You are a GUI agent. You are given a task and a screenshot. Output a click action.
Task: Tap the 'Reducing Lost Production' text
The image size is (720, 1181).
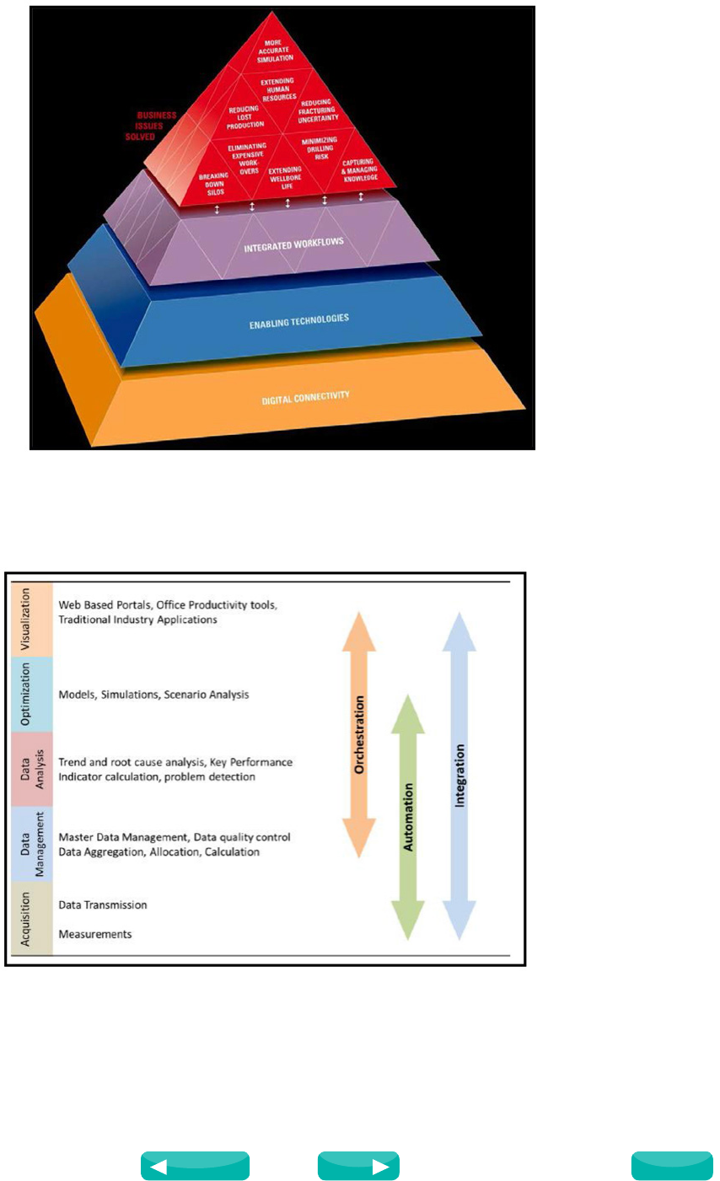pyautogui.click(x=244, y=117)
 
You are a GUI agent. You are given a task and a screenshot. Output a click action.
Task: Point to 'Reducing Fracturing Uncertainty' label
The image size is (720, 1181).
pyautogui.click(x=316, y=110)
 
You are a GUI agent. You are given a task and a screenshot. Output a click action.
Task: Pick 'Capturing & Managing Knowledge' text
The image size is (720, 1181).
pyautogui.click(x=358, y=169)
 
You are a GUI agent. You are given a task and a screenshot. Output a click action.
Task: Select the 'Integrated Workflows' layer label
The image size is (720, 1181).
pyautogui.click(x=293, y=245)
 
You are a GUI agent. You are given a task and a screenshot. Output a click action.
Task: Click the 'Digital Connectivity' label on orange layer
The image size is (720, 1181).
pyautogui.click(x=305, y=396)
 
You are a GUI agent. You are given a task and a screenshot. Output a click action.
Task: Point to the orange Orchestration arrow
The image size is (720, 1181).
pyautogui.click(x=358, y=734)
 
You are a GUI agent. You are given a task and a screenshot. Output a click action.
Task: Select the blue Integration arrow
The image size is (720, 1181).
pyautogui.click(x=459, y=775)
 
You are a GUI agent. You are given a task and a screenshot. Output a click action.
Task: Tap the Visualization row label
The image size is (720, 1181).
pyautogui.click(x=25, y=620)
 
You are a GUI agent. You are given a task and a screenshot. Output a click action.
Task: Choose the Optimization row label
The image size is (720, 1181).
pyautogui.click(x=25, y=694)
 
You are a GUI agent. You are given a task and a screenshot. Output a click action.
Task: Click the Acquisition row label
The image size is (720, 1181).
pyautogui.click(x=25, y=919)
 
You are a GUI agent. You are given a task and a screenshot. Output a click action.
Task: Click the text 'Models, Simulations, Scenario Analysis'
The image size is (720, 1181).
pyautogui.click(x=153, y=695)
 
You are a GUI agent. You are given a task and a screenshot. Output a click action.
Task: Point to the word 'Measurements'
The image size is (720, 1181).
pyautogui.click(x=95, y=934)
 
